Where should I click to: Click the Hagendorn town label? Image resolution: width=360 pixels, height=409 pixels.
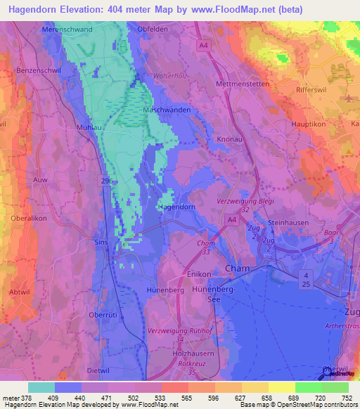175,207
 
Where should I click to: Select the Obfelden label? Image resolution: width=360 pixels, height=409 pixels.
155,29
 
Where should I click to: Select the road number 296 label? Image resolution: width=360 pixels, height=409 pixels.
106,181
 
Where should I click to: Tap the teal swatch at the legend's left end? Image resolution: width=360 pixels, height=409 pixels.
41,387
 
